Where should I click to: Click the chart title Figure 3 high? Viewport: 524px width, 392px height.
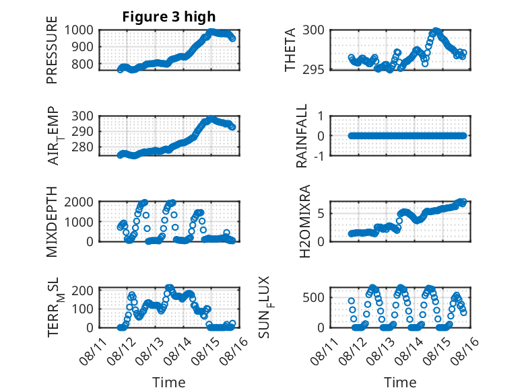(169, 17)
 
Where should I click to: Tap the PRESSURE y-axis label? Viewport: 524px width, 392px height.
(52, 50)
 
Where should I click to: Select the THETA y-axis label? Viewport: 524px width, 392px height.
(290, 50)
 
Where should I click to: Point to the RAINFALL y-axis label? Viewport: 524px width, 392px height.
(302, 136)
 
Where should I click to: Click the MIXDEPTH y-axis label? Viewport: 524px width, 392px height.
(52, 221)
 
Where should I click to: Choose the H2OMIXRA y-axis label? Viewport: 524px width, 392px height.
(305, 221)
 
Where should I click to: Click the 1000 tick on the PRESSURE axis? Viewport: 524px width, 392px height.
(79, 30)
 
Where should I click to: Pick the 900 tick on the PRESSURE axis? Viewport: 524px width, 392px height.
(82, 46)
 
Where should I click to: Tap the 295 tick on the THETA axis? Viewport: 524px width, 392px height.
(313, 69)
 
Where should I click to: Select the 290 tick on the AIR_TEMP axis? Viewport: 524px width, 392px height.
(82, 131)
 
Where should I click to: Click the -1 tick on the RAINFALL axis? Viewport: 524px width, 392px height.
(319, 155)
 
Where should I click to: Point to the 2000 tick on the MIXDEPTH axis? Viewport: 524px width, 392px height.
(79, 202)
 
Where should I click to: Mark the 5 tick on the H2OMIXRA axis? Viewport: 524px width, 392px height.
(321, 214)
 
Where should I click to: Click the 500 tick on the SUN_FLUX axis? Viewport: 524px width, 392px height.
(313, 297)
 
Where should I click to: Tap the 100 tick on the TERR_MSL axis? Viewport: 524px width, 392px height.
(82, 309)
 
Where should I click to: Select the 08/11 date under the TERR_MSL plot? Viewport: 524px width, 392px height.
(93, 350)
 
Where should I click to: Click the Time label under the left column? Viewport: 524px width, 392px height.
(169, 383)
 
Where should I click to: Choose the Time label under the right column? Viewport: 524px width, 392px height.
(400, 383)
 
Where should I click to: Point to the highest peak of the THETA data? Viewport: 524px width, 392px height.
(436, 31)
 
